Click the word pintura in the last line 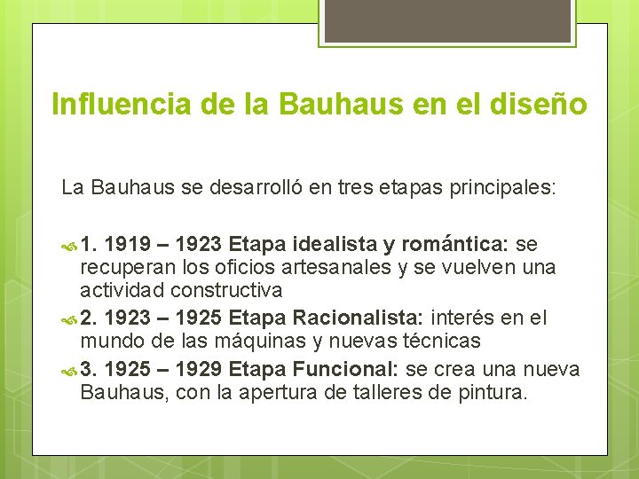[x=494, y=391]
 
